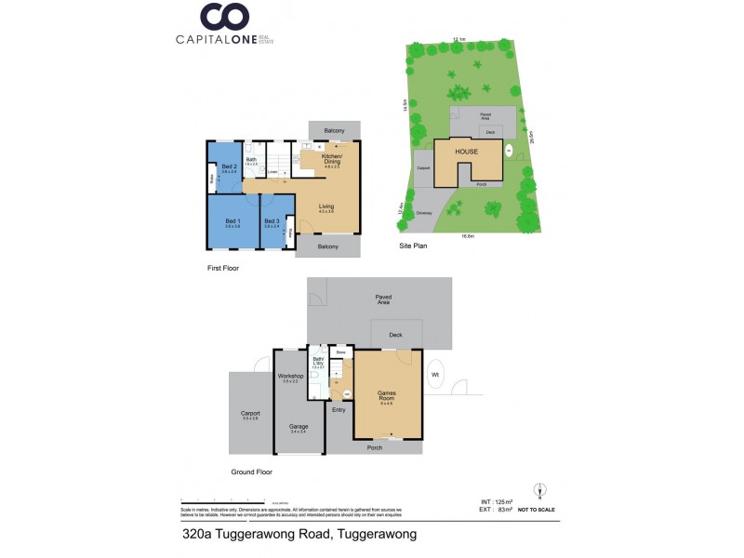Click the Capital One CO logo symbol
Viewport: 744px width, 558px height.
click(x=225, y=17)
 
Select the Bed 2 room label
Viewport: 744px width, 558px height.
click(x=228, y=167)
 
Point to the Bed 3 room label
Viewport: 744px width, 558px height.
click(x=272, y=221)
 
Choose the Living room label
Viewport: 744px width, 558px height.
click(x=326, y=206)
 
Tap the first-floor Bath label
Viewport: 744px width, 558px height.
click(x=251, y=160)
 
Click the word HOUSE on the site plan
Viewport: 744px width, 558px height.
click(x=467, y=151)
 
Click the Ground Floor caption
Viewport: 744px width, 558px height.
click(x=251, y=472)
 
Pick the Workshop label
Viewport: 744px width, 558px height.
click(x=290, y=377)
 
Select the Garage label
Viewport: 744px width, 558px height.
click(x=299, y=427)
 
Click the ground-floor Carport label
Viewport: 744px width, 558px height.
click(x=250, y=413)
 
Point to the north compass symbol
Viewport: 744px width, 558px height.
click(x=538, y=490)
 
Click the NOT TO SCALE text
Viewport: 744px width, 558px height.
click(x=538, y=511)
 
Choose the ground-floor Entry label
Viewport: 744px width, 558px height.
click(x=339, y=409)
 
